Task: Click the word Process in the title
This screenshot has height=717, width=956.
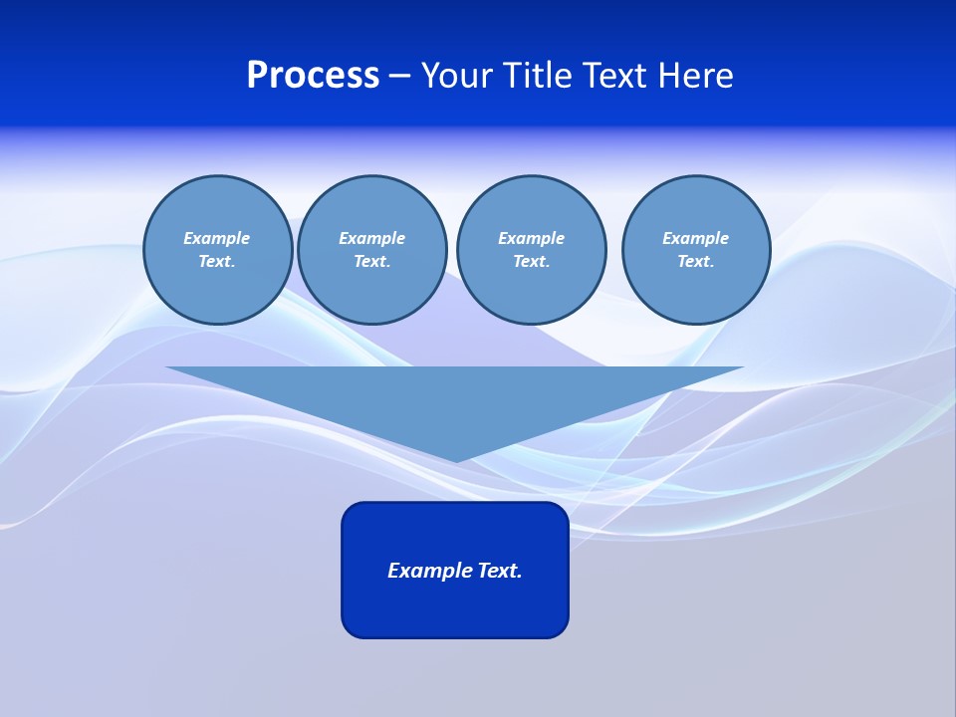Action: (x=313, y=76)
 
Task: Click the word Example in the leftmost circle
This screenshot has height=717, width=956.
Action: (x=217, y=238)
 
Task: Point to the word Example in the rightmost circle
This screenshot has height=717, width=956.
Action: (x=695, y=238)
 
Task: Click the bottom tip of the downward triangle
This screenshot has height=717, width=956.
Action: (x=456, y=459)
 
